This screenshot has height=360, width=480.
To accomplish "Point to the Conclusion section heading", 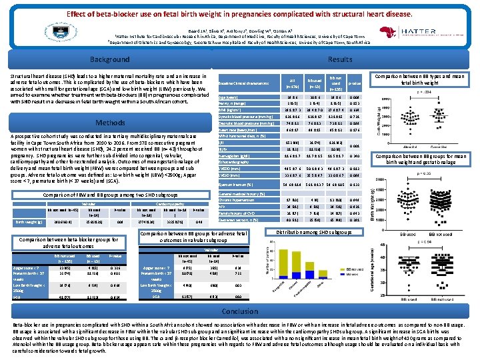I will click(x=239, y=311).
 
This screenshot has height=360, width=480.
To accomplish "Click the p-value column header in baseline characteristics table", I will click(x=372, y=83).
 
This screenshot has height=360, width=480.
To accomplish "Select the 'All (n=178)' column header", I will click(x=291, y=83).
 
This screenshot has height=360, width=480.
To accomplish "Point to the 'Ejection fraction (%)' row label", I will click(x=237, y=183).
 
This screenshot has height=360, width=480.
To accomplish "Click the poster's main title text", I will click(x=239, y=14).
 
